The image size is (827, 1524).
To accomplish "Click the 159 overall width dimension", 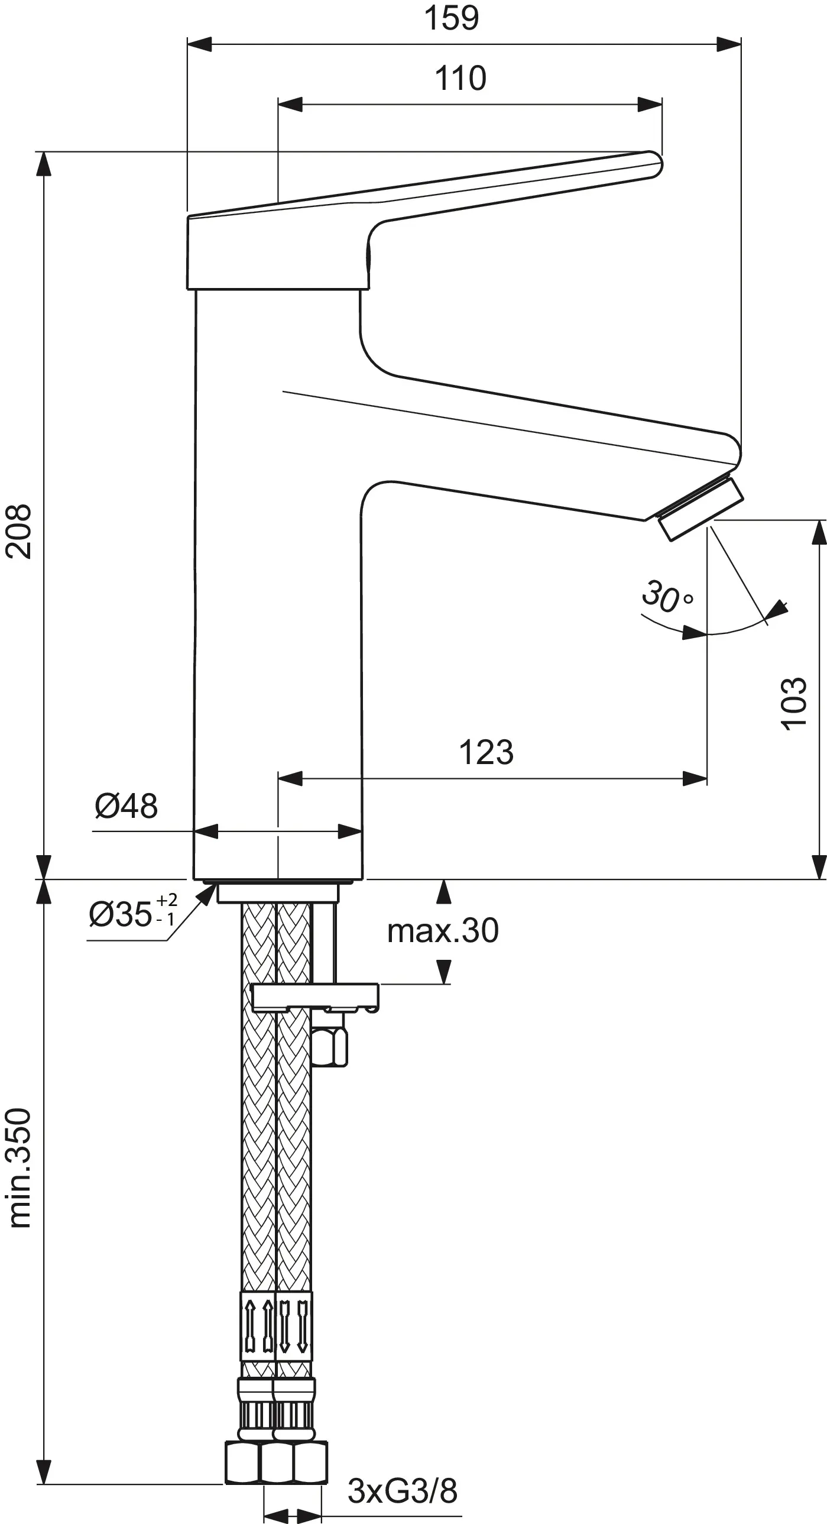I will click(x=452, y=18).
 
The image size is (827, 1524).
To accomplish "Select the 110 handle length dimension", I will click(x=460, y=78).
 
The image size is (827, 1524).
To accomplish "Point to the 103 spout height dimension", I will click(x=794, y=703).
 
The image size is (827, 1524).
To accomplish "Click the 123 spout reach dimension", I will click(x=487, y=752).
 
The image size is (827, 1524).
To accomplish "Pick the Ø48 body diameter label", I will click(x=127, y=806).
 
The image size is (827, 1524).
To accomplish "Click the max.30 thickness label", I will click(x=443, y=931).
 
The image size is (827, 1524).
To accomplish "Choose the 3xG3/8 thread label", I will click(x=402, y=1491).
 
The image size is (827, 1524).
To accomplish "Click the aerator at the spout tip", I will click(x=702, y=509).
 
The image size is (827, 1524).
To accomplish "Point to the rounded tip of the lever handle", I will click(x=653, y=164).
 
